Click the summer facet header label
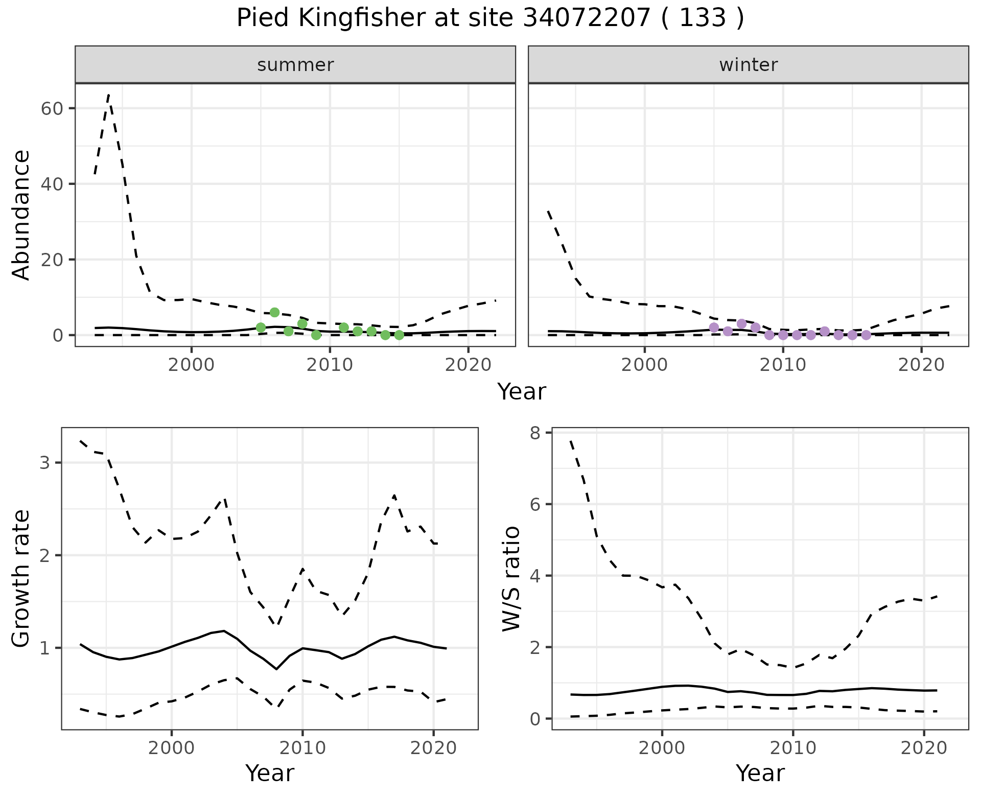295,65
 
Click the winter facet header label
748,65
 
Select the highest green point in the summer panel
274,312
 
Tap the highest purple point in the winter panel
741,323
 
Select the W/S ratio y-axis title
511,579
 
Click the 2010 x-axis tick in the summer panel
330,365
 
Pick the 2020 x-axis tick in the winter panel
921,365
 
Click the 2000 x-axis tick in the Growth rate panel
172,748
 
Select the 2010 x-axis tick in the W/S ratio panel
793,748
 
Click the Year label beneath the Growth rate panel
270,773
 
